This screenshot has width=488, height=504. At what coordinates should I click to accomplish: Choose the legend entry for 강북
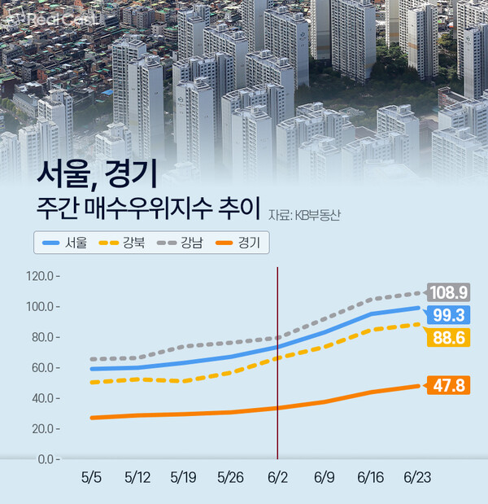123,242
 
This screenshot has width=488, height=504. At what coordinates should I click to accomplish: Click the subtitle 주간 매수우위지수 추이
149,208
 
